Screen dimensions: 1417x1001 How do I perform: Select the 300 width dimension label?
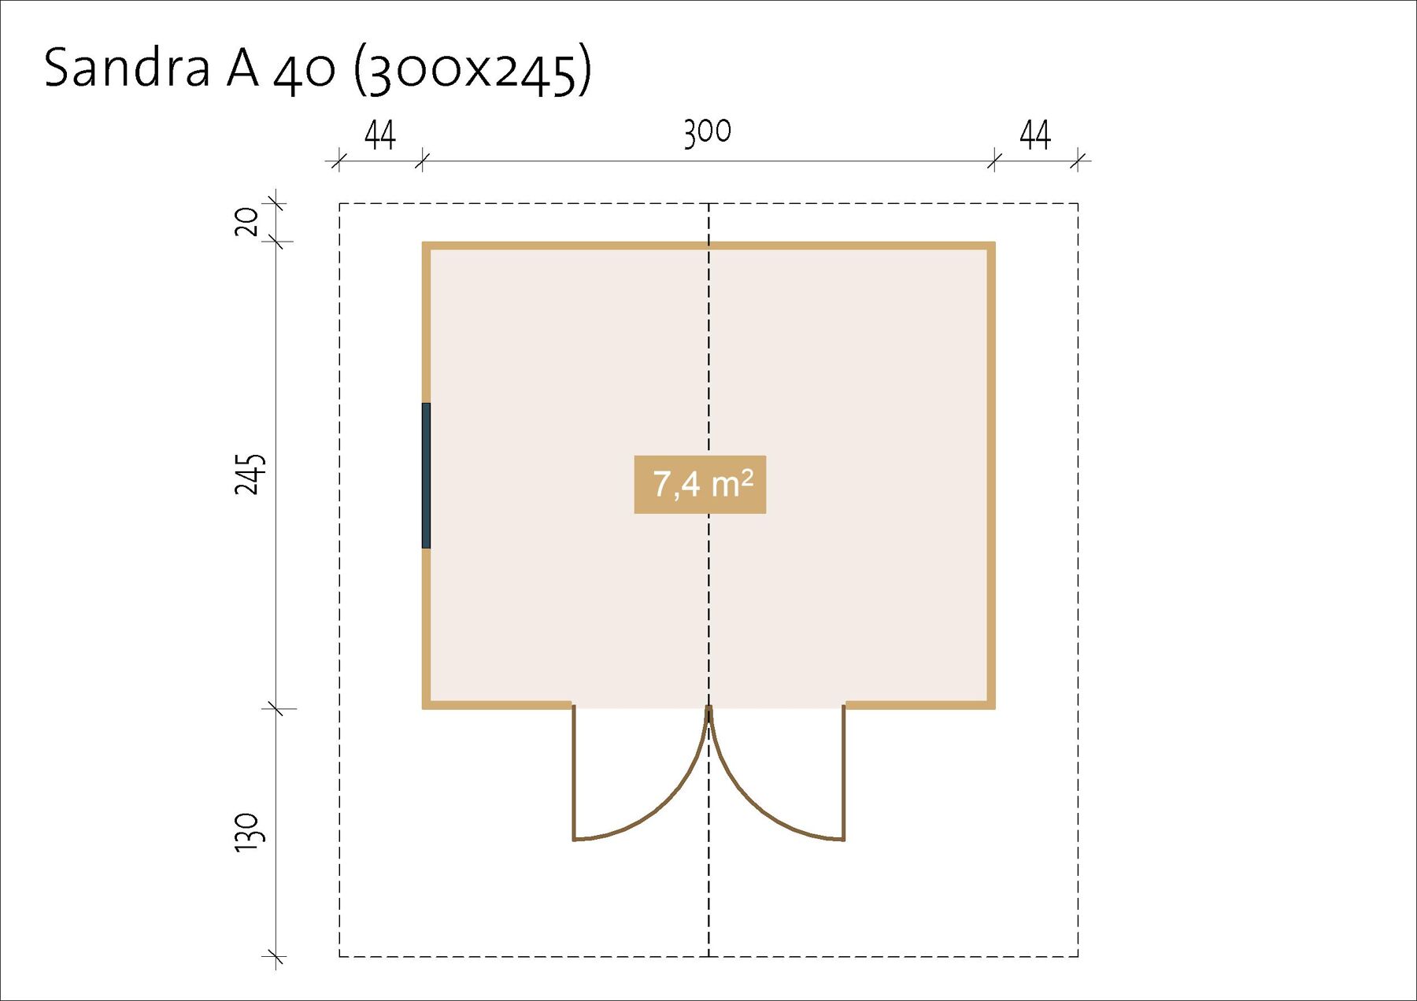[x=707, y=132]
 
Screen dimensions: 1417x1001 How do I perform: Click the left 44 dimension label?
[x=379, y=135]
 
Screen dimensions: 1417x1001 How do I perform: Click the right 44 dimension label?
[x=1035, y=135]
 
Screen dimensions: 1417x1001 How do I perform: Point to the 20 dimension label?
[x=247, y=221]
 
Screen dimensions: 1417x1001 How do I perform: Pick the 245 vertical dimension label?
[x=250, y=474]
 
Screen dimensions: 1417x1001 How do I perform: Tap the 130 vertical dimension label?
[x=246, y=832]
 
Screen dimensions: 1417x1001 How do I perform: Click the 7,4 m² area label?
[x=700, y=485]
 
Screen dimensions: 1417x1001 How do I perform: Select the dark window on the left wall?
[x=427, y=475]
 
